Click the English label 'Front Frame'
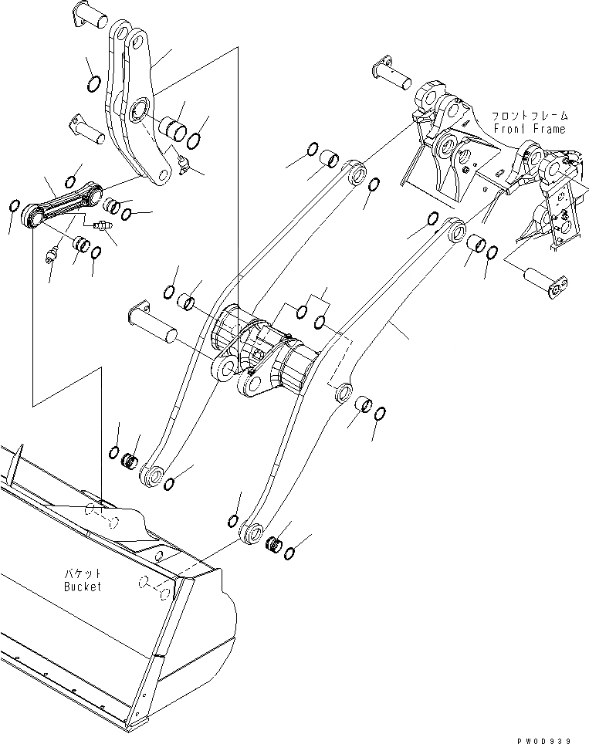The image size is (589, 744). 530,129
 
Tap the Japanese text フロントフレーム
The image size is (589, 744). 530,117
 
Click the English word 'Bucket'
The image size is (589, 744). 83,587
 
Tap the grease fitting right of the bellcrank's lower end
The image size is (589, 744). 182,163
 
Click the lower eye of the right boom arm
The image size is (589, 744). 252,533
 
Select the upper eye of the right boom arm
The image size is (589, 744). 455,228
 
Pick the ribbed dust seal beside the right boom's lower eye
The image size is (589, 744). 273,544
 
